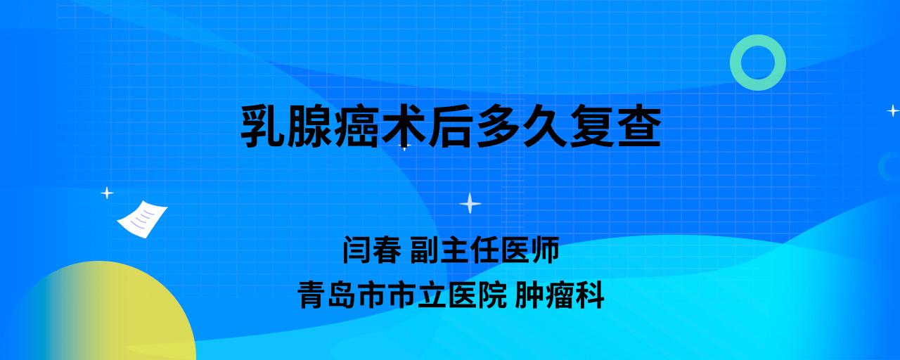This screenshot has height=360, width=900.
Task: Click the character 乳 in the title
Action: (263, 126)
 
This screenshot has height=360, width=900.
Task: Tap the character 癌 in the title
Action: (356, 126)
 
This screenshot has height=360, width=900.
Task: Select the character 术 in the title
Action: (404, 126)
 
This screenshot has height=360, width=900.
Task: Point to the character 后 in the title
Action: (451, 126)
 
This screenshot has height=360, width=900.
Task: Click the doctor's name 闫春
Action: (372, 250)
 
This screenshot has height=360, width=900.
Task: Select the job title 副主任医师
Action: (484, 250)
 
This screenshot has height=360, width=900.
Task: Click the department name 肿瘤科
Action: (559, 295)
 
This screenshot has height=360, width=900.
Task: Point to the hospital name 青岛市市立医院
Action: (402, 295)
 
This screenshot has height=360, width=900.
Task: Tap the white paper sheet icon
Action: (142, 219)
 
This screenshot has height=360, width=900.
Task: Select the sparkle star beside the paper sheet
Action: (107, 193)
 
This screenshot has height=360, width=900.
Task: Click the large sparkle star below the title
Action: (470, 203)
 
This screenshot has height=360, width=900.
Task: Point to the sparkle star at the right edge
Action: (893, 110)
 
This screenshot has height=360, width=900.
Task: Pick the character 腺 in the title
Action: (310, 126)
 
